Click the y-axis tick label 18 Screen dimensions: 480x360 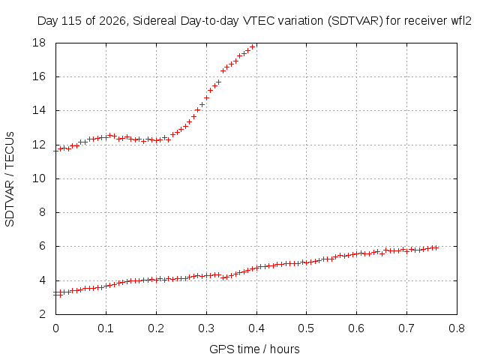(39, 43)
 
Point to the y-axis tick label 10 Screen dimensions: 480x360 (39, 178)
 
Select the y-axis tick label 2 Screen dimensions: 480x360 (42, 314)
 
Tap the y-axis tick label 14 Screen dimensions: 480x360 (39, 110)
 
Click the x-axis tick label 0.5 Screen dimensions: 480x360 (307, 328)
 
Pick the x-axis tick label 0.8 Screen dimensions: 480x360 (457, 328)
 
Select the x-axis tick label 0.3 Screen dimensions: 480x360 (206, 328)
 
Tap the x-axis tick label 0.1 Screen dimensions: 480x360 (106, 328)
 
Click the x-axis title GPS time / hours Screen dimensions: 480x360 (254, 349)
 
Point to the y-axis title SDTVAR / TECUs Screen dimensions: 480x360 (10, 179)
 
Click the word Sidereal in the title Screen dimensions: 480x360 (154, 21)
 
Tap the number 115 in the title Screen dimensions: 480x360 (72, 21)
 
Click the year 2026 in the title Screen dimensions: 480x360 (112, 21)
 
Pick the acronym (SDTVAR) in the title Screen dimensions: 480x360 (355, 21)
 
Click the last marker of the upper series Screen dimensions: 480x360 (252, 46)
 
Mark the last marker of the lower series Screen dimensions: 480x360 (436, 248)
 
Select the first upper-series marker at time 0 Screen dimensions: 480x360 (56, 151)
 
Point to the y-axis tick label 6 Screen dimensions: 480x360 (42, 247)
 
